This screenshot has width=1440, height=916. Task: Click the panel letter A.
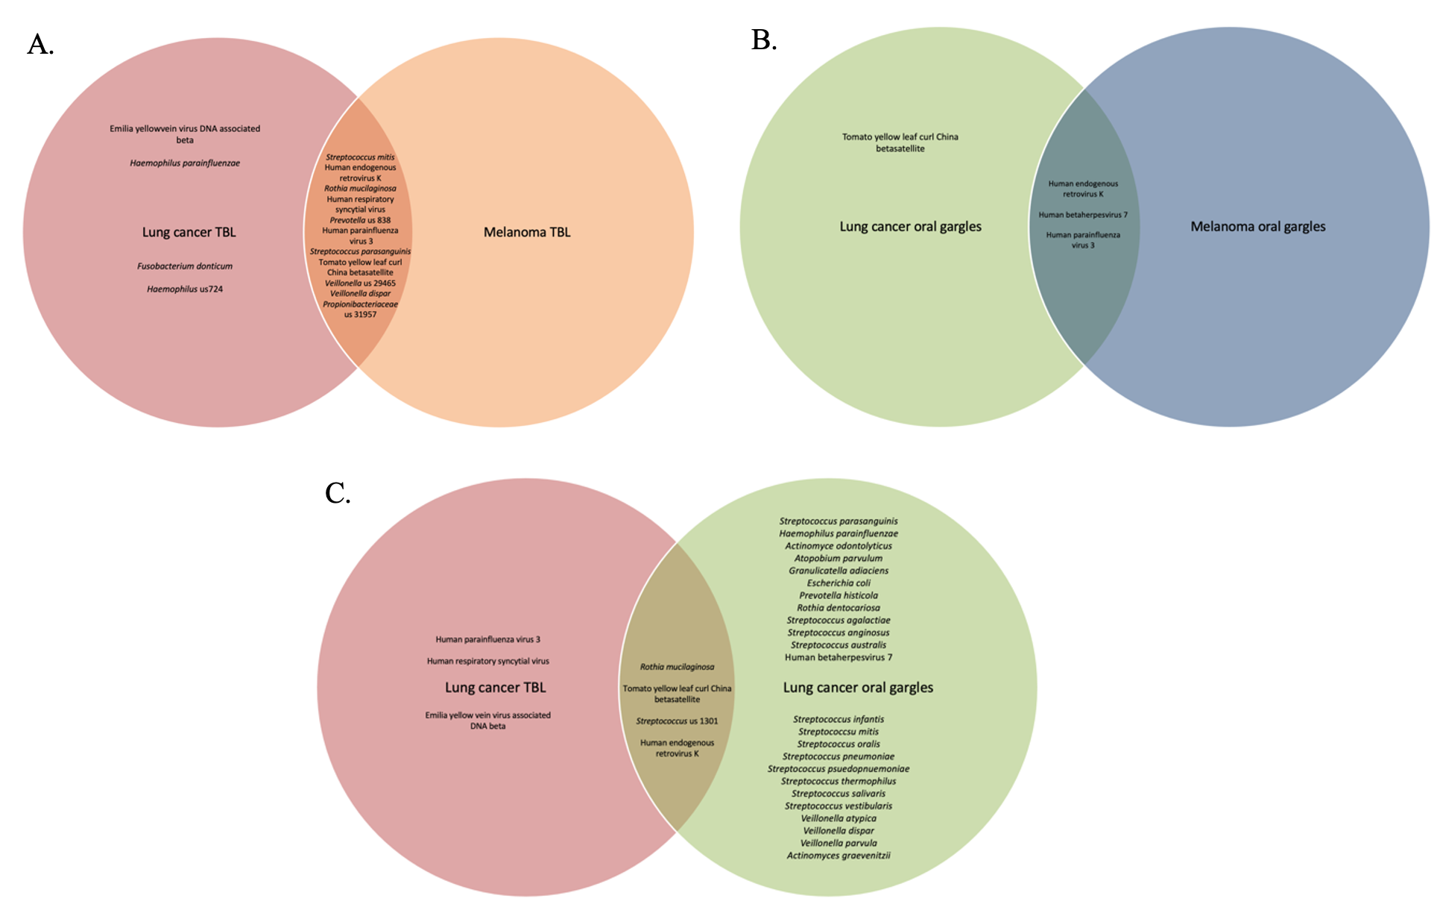(40, 45)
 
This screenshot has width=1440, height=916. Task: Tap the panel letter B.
(764, 40)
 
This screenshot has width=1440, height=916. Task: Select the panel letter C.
(338, 493)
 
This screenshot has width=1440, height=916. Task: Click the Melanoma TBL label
(527, 232)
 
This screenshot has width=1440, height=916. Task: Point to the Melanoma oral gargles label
(1257, 226)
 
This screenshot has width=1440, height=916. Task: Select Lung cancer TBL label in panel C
(495, 687)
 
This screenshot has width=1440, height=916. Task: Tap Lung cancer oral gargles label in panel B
(910, 226)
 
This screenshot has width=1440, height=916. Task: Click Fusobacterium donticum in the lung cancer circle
(185, 266)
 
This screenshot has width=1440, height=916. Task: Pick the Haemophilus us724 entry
(185, 289)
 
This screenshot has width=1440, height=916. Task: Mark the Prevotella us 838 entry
(360, 220)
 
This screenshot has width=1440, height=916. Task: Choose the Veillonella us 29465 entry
(360, 283)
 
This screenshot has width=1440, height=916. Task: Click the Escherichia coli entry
(839, 583)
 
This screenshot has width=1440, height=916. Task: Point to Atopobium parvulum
(839, 558)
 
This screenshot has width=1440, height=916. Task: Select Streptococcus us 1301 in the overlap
(677, 721)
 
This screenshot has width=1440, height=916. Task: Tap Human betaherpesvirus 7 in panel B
(1083, 215)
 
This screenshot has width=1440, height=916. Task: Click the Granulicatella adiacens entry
(839, 571)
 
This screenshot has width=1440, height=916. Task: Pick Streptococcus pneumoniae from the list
(839, 756)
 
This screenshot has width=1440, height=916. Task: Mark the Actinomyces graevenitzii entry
(839, 856)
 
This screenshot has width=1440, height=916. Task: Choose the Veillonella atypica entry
(839, 818)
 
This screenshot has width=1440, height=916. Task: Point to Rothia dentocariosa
(839, 608)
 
